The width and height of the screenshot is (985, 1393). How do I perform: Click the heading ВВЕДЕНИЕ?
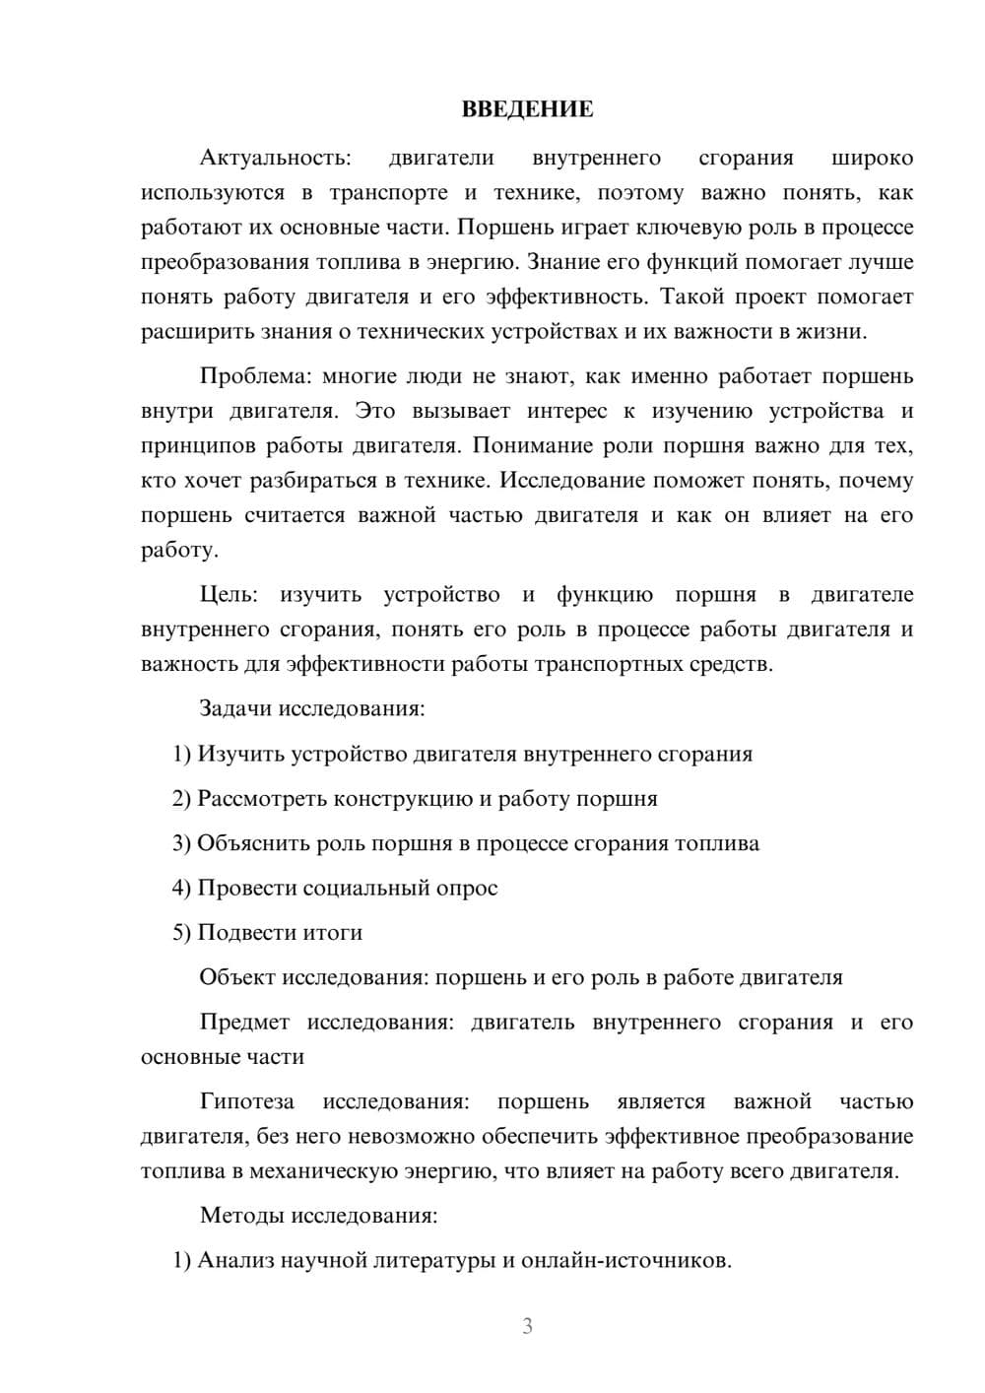point(527,109)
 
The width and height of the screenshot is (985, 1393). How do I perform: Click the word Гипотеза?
point(246,1101)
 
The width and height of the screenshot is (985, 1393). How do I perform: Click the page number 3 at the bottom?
point(527,1326)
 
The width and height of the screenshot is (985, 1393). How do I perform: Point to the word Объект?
point(237,977)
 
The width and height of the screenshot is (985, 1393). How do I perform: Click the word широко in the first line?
point(872,158)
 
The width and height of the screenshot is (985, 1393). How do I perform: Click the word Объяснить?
point(253,843)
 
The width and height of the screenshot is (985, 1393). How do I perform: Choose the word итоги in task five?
point(333,932)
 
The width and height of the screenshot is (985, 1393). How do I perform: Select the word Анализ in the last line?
point(236,1260)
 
